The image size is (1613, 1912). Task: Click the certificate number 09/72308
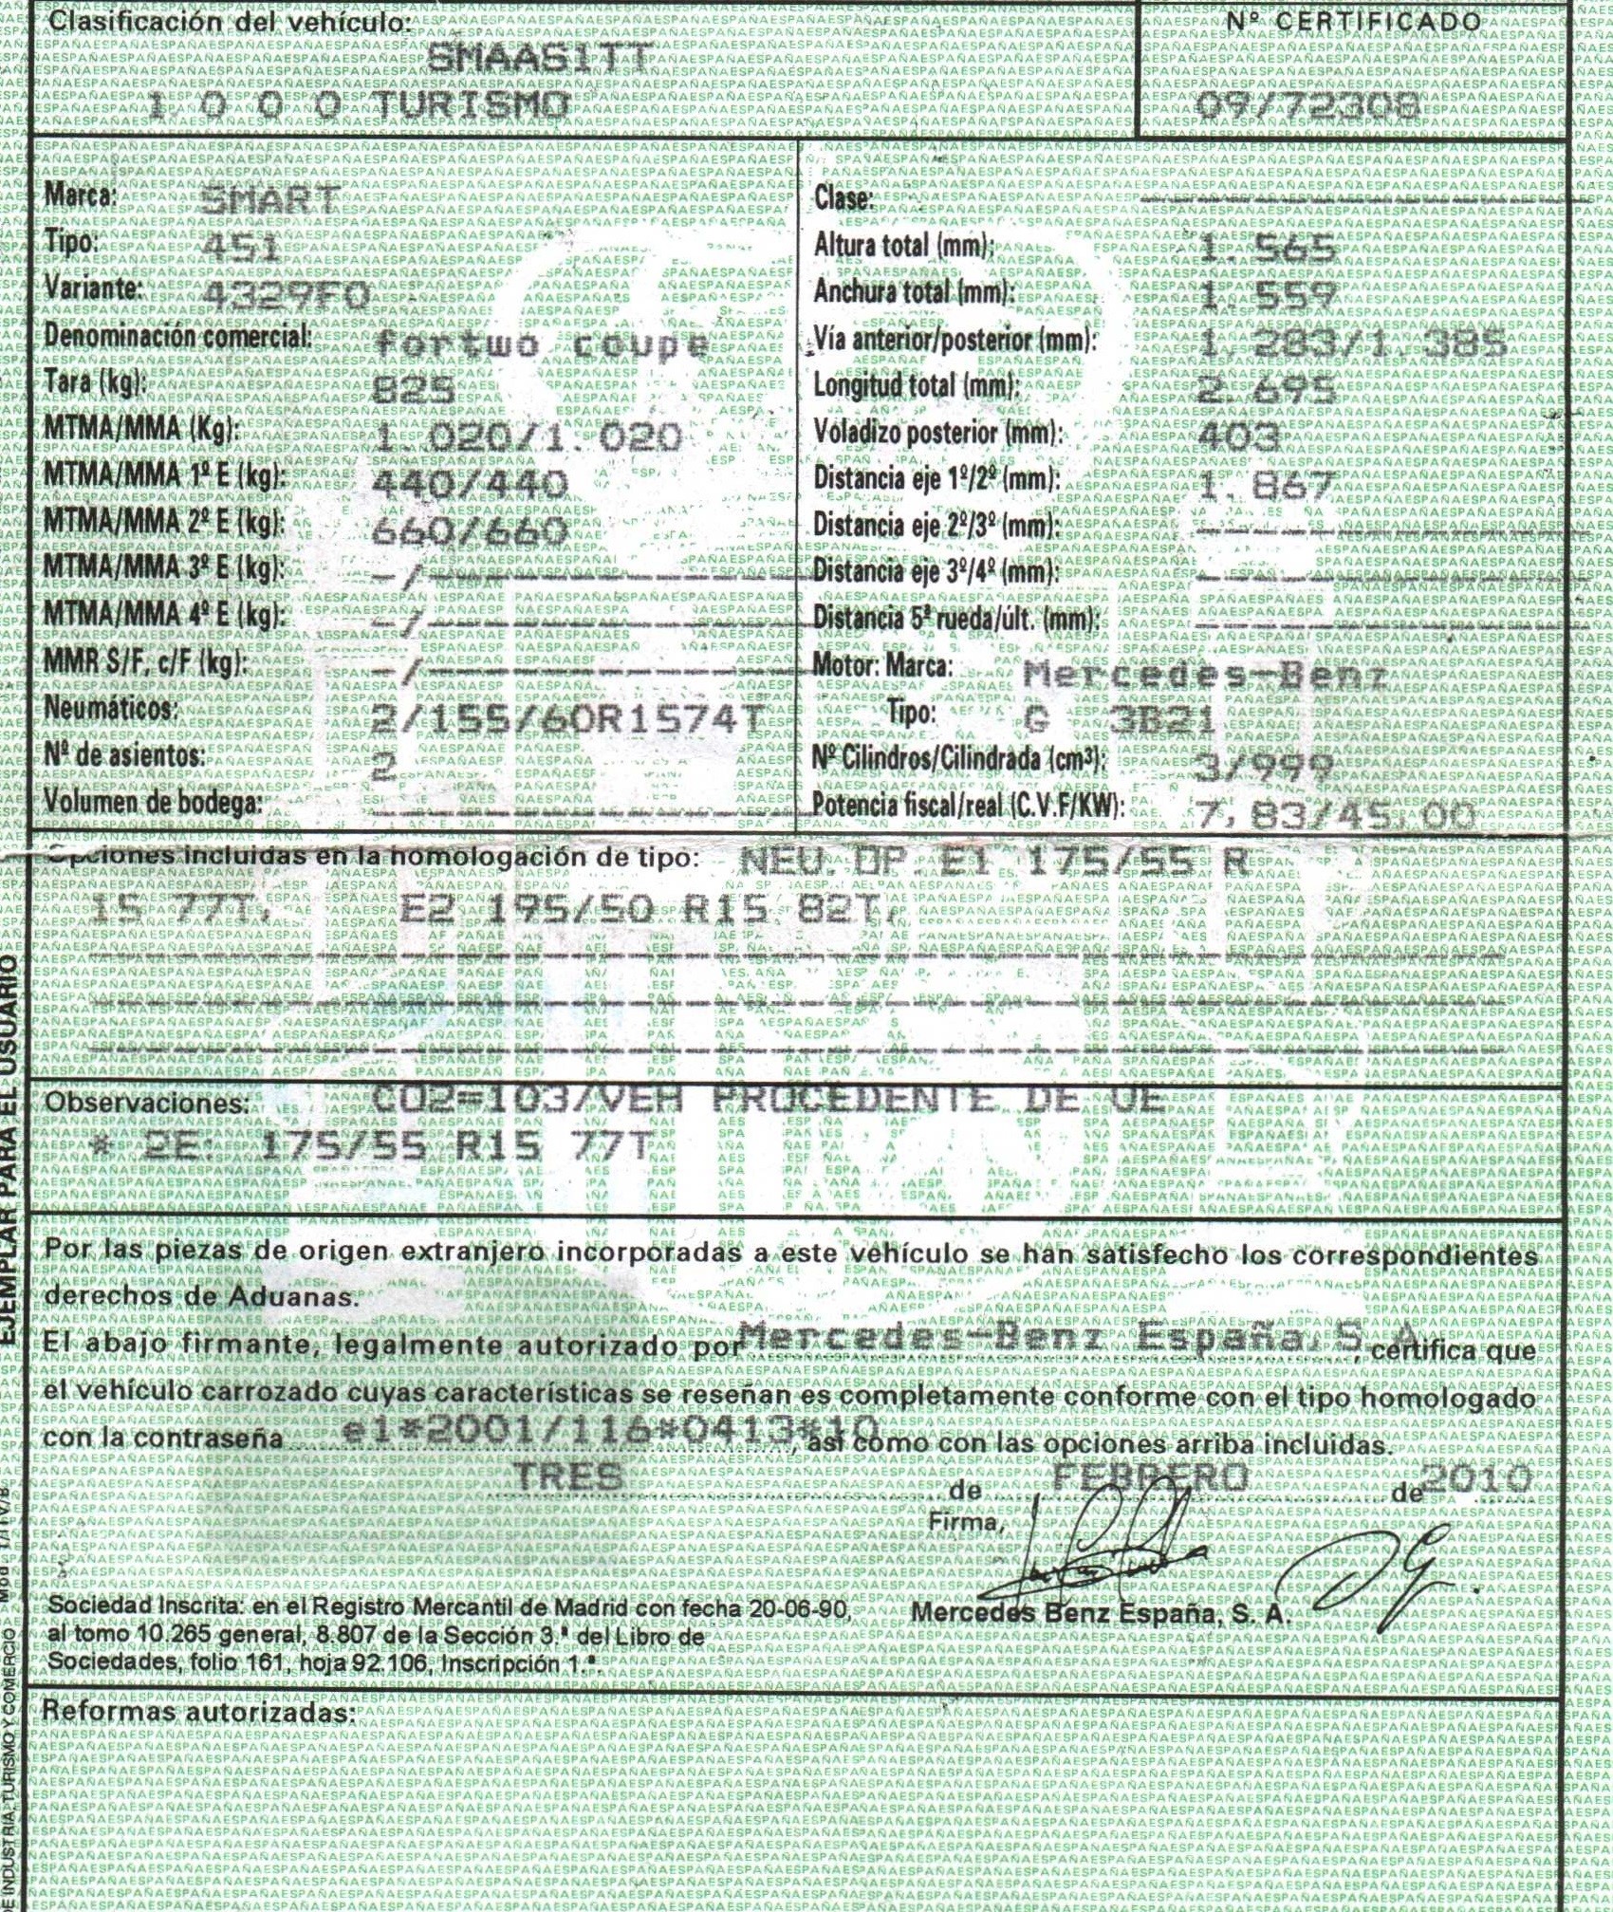click(1307, 107)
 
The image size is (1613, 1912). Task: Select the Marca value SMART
click(271, 200)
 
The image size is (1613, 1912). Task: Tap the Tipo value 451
click(242, 249)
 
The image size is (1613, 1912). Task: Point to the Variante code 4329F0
click(288, 295)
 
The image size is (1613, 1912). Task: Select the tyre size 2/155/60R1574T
click(566, 721)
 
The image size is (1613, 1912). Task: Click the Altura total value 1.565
click(1268, 251)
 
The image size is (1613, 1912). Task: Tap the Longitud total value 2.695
click(1267, 390)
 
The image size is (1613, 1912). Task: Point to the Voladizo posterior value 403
click(1239, 436)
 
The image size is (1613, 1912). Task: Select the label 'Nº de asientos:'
click(125, 756)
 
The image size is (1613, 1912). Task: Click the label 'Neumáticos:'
click(111, 710)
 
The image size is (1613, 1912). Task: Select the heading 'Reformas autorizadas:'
click(199, 1712)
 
